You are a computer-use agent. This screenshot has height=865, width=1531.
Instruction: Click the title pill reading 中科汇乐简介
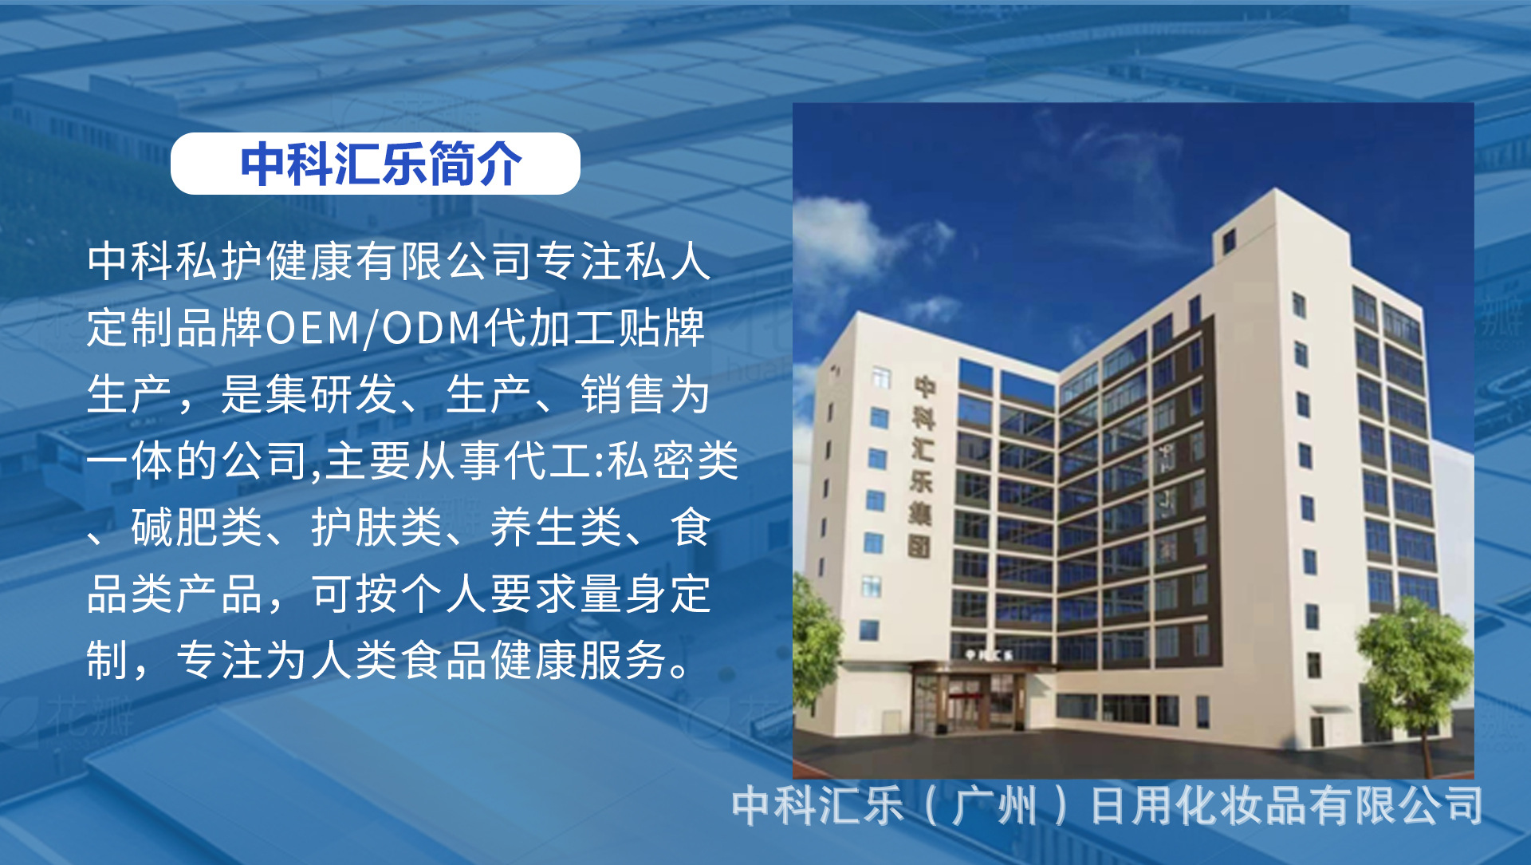coord(375,164)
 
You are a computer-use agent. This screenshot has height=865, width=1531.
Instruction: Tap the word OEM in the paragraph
coord(312,328)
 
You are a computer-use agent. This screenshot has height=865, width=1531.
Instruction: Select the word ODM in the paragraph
coord(431,328)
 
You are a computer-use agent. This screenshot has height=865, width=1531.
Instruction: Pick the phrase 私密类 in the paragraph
coord(673,461)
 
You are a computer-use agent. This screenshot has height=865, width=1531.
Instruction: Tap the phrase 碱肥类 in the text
coord(197,527)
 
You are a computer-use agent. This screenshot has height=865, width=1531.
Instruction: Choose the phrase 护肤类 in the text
coord(377,527)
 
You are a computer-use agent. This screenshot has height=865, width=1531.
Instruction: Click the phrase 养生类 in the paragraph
coord(557,527)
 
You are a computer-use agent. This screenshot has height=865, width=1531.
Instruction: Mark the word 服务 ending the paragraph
coord(624,661)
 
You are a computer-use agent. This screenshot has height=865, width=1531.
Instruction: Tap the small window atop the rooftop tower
coord(1229,240)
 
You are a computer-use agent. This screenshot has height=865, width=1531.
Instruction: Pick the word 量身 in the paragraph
coord(624,594)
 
